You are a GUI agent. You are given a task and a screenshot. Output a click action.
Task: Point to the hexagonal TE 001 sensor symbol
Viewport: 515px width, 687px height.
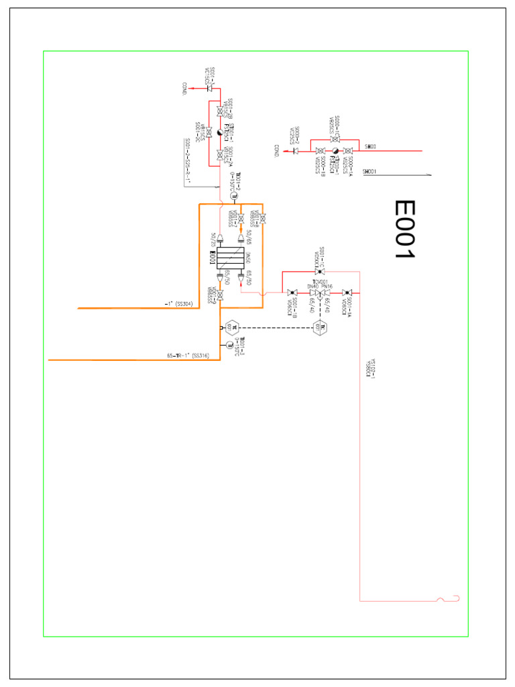pyautogui.click(x=231, y=327)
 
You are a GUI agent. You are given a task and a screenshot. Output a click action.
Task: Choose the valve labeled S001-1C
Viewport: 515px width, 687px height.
pyautogui.click(x=319, y=271)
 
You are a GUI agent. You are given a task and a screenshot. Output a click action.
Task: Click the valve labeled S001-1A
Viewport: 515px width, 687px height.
pyautogui.click(x=345, y=293)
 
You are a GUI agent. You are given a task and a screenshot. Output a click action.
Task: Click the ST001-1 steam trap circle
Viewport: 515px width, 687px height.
pyautogui.click(x=220, y=132)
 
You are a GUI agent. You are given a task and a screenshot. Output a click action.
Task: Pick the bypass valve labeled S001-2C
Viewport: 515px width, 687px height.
pyautogui.click(x=209, y=132)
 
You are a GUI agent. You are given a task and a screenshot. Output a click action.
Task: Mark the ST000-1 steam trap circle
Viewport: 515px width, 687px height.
pyautogui.click(x=335, y=151)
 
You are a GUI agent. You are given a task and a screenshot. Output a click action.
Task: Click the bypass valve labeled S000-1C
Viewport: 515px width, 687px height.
pyautogui.click(x=335, y=139)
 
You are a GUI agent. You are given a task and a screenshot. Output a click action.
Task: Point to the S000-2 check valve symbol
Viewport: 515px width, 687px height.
pyautogui.click(x=296, y=151)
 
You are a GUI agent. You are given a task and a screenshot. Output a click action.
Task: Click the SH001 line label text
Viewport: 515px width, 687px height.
pyautogui.click(x=369, y=172)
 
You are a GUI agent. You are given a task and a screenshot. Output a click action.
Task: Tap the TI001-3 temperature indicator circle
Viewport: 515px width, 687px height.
pyautogui.click(x=229, y=345)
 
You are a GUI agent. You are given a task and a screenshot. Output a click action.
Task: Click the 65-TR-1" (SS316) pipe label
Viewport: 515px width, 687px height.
pyautogui.click(x=188, y=356)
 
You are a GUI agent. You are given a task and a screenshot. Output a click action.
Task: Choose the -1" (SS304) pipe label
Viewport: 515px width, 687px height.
pyautogui.click(x=179, y=304)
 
